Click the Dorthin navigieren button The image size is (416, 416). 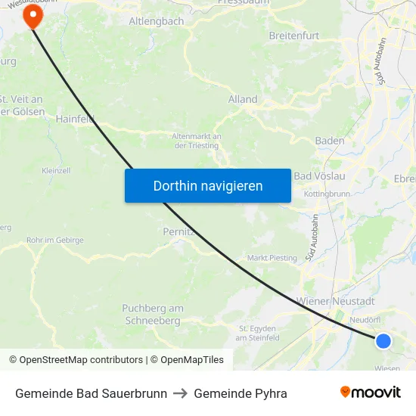207,185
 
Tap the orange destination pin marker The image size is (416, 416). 33,16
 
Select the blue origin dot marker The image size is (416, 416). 383,341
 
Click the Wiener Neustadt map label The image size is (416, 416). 336,301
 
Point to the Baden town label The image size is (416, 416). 330,141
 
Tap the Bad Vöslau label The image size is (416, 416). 319,176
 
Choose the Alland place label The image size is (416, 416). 243,99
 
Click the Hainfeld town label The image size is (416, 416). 74,118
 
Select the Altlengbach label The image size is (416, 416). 157,21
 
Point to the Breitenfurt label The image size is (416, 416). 294,36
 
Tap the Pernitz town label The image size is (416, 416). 179,231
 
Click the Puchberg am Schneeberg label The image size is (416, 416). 153,315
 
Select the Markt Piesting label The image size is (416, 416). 272,258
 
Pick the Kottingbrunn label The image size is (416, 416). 327,194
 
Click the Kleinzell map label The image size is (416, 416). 56,171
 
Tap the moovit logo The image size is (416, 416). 371,392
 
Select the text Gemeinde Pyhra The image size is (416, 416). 241,393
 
